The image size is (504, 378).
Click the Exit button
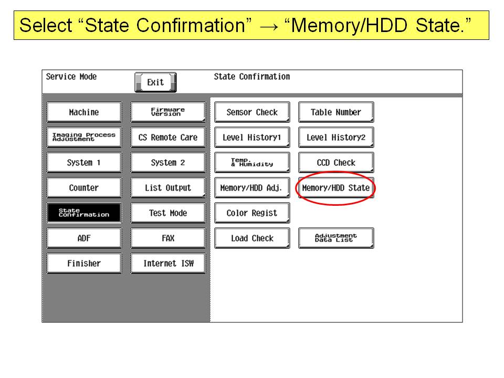coord(155,82)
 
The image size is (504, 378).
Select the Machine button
coord(84,112)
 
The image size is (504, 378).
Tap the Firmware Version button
coord(168,112)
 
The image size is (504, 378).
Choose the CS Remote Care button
coord(168,137)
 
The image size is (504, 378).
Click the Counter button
coord(84,188)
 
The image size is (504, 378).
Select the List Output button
coord(168,188)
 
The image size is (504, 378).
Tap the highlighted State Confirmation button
coord(84,213)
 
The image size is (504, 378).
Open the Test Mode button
coord(168,213)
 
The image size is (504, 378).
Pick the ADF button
coord(84,238)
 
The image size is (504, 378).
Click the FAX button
coord(168,238)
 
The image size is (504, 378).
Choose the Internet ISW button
coord(168,263)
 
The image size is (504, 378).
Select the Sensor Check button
coord(253,112)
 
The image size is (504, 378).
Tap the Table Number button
coord(336,112)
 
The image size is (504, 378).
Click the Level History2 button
coord(336,137)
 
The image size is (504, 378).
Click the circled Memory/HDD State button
coord(336,188)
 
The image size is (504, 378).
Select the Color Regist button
coord(253,213)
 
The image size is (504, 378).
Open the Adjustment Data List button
coord(336,238)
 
